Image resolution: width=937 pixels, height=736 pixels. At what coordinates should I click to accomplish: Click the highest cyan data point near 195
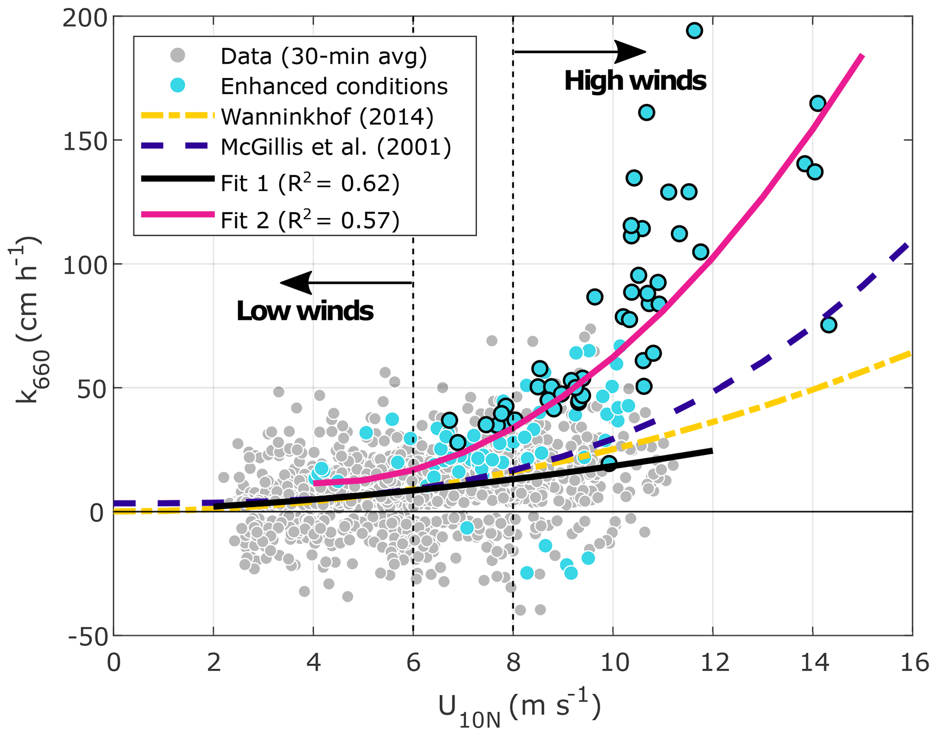click(x=694, y=31)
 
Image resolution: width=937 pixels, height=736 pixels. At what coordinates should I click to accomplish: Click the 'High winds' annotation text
click(x=635, y=81)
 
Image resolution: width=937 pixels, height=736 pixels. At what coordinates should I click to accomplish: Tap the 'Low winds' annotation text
click(x=305, y=312)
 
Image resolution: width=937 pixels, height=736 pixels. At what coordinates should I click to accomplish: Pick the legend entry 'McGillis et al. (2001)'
click(x=336, y=146)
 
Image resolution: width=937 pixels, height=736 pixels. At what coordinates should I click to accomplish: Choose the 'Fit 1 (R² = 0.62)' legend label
click(x=310, y=184)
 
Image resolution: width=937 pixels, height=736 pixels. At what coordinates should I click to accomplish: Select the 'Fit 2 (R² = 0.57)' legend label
click(x=310, y=220)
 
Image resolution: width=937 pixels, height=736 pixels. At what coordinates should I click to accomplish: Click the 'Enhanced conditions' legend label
click(x=334, y=86)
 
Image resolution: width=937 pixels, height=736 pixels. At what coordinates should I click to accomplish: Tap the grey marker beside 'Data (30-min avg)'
click(x=178, y=56)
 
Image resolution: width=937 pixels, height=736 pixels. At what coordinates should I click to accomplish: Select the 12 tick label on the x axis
click(x=713, y=663)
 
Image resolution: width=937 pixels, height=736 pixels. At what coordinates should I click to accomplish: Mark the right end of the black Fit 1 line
click(x=712, y=450)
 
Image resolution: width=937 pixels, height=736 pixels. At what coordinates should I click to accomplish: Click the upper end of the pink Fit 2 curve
click(x=862, y=56)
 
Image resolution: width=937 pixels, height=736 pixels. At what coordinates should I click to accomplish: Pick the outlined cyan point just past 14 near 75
click(x=828, y=325)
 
